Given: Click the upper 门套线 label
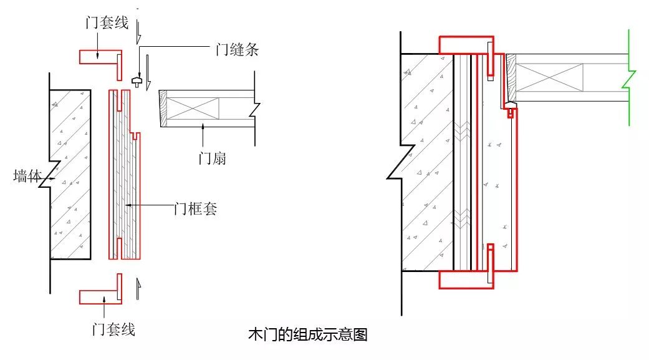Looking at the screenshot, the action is [x=107, y=22].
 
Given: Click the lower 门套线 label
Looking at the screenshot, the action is [x=114, y=329].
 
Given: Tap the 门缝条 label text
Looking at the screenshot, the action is [x=237, y=50].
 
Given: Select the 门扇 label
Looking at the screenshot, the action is [x=213, y=158].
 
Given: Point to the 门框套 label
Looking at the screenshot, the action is [x=196, y=208].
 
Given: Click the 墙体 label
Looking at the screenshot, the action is [x=27, y=176].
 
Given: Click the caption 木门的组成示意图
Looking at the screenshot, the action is [x=308, y=334].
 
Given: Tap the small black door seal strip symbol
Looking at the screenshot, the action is [x=137, y=80].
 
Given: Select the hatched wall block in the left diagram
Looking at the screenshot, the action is [x=70, y=175].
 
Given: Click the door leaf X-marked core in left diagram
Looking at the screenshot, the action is [x=193, y=109].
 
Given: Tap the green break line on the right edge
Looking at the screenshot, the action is [x=629, y=77].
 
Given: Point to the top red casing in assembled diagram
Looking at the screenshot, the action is [x=466, y=45].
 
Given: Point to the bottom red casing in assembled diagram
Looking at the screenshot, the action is [x=466, y=280].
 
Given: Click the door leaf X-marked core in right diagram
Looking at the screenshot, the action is [x=549, y=77].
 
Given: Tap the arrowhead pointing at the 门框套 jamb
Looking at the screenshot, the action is [x=128, y=205].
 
